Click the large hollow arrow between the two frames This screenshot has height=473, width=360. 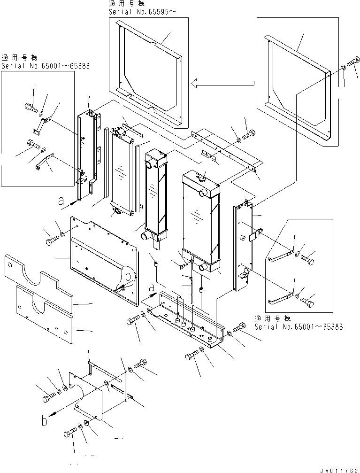pos(222,83)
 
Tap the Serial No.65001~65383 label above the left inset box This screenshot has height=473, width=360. pos(45,66)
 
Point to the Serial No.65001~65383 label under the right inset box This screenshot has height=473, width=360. pos(298,326)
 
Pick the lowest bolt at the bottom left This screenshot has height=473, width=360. pos(70,433)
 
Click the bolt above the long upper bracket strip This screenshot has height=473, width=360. pos(248,133)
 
